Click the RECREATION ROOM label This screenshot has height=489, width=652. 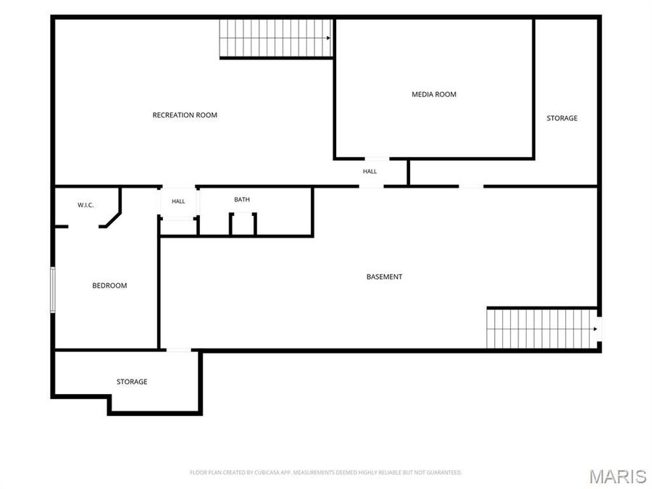click(x=185, y=115)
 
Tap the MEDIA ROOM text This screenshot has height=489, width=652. click(x=434, y=94)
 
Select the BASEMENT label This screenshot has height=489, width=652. click(x=384, y=277)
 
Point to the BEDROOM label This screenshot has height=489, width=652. click(x=109, y=285)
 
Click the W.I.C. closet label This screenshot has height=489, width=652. click(x=85, y=205)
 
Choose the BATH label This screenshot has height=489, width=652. click(x=242, y=200)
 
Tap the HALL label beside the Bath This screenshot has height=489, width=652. click(x=178, y=201)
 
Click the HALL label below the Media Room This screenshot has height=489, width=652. click(x=369, y=171)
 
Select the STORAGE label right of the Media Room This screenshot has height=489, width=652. click(x=561, y=118)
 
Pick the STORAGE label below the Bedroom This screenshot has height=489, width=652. click(x=132, y=382)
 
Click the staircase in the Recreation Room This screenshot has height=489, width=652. click(x=276, y=38)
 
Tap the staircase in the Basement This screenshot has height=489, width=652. click(x=542, y=329)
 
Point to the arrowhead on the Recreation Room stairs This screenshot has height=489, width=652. click(x=328, y=38)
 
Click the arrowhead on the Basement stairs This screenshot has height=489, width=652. click(x=595, y=329)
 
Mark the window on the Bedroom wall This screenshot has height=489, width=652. click(x=53, y=290)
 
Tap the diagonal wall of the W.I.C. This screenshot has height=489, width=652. click(x=113, y=220)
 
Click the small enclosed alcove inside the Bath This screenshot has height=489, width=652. click(x=243, y=225)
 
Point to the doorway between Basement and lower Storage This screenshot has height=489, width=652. click(x=179, y=350)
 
